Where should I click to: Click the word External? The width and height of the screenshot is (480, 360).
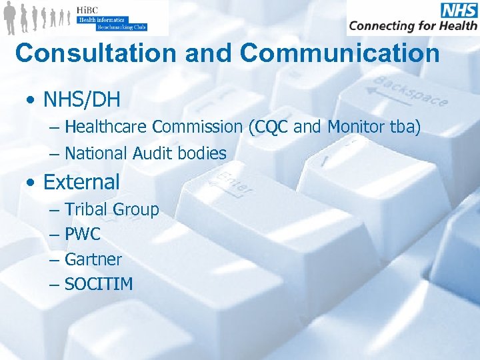(82, 181)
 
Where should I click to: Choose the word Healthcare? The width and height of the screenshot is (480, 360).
(107, 127)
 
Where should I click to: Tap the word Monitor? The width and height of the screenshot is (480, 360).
(353, 127)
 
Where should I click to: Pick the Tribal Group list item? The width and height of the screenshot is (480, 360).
(112, 209)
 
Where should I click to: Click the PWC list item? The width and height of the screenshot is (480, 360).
(83, 235)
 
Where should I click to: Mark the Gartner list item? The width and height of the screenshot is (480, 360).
(93, 259)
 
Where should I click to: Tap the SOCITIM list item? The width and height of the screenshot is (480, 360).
(99, 284)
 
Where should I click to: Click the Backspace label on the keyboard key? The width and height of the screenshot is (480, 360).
(410, 91)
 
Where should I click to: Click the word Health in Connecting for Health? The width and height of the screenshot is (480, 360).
(455, 26)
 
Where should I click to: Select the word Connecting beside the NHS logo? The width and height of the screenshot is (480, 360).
(381, 27)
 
